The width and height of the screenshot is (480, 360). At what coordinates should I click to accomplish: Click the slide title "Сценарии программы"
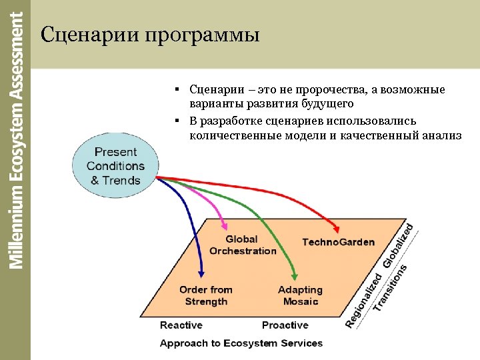pos(149,34)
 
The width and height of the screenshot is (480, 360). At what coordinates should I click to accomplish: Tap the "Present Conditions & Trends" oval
pos(115,166)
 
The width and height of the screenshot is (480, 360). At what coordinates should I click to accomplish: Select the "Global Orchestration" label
pos(242,245)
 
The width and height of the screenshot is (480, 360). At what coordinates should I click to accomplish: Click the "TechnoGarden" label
pos(338,242)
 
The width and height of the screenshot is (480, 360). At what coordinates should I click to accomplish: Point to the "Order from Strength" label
pos(206,295)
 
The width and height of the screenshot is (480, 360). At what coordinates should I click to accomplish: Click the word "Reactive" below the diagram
pos(181,325)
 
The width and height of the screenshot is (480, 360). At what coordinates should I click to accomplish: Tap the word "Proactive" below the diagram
pos(285,325)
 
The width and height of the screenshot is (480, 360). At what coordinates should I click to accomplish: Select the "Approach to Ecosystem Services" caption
pos(241,343)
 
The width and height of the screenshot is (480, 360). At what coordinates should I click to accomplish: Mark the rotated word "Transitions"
pos(390,288)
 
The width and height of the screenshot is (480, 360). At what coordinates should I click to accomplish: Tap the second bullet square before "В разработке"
pos(179,121)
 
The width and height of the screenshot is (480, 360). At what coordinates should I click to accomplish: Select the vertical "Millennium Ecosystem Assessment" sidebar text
pos(16,140)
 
